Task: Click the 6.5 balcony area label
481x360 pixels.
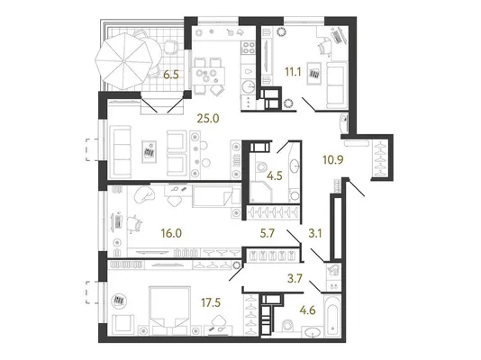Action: [x=171, y=75]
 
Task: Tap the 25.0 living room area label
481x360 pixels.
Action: [x=208, y=118]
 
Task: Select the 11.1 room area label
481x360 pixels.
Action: [x=293, y=72]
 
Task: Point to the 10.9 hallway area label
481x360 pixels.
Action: [x=333, y=159]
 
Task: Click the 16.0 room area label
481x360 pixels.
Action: [x=171, y=233]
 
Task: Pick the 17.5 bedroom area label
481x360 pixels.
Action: [x=211, y=302]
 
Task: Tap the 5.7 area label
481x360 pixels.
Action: [x=267, y=233]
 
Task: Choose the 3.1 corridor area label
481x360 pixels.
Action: [x=314, y=233]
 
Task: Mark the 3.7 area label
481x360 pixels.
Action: [x=295, y=279]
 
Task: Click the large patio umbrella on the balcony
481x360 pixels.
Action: [x=123, y=61]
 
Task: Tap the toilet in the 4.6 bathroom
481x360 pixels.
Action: [x=287, y=326]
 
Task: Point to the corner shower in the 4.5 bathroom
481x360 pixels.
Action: [x=260, y=192]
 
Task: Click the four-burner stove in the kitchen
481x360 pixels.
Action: [x=249, y=48]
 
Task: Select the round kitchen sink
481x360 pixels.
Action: [x=249, y=86]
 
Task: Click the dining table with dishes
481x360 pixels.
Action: [x=209, y=75]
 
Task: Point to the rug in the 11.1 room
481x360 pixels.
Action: [x=313, y=74]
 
